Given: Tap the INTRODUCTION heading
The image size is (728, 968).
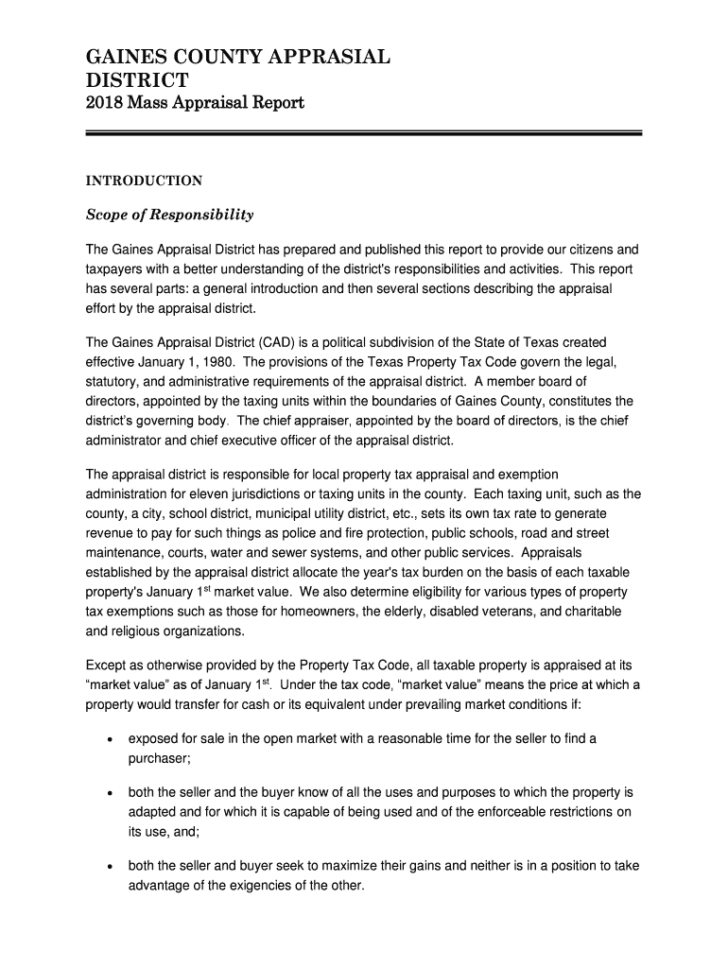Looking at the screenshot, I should (144, 181).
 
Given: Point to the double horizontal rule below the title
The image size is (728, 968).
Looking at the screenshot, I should (364, 133).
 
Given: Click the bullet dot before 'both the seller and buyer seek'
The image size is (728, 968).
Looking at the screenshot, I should (113, 866).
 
